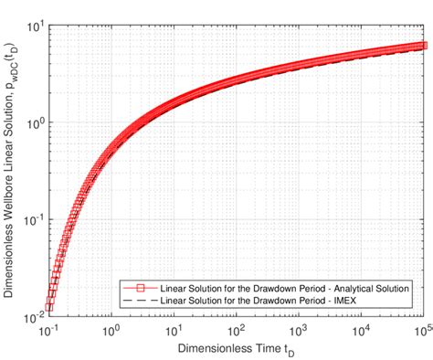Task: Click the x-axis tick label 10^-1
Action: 48,327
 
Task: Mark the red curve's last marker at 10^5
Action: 421,45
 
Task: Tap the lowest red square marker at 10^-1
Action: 49,307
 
